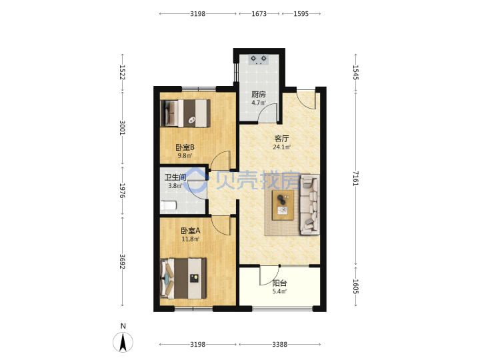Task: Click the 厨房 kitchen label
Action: pos(259,94)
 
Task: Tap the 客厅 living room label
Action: pos(281,139)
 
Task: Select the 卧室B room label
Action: pos(185,147)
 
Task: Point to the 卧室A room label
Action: pos(191,231)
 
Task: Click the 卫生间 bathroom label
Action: pos(175,177)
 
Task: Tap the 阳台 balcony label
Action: pos(279,283)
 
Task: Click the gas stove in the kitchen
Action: pos(259,59)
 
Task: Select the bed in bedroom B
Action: pos(185,113)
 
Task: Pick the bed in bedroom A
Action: pos(183,278)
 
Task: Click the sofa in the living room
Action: pos(310,205)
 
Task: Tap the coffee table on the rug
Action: pos(283,205)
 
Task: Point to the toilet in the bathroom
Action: pos(169,205)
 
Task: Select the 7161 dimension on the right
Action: pos(355,178)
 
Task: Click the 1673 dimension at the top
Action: pos(259,14)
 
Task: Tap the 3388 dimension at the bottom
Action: pos(280,345)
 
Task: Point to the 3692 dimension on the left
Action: pos(123,261)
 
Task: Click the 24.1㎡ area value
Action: pos(281,147)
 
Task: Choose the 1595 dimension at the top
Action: pos(301,14)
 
